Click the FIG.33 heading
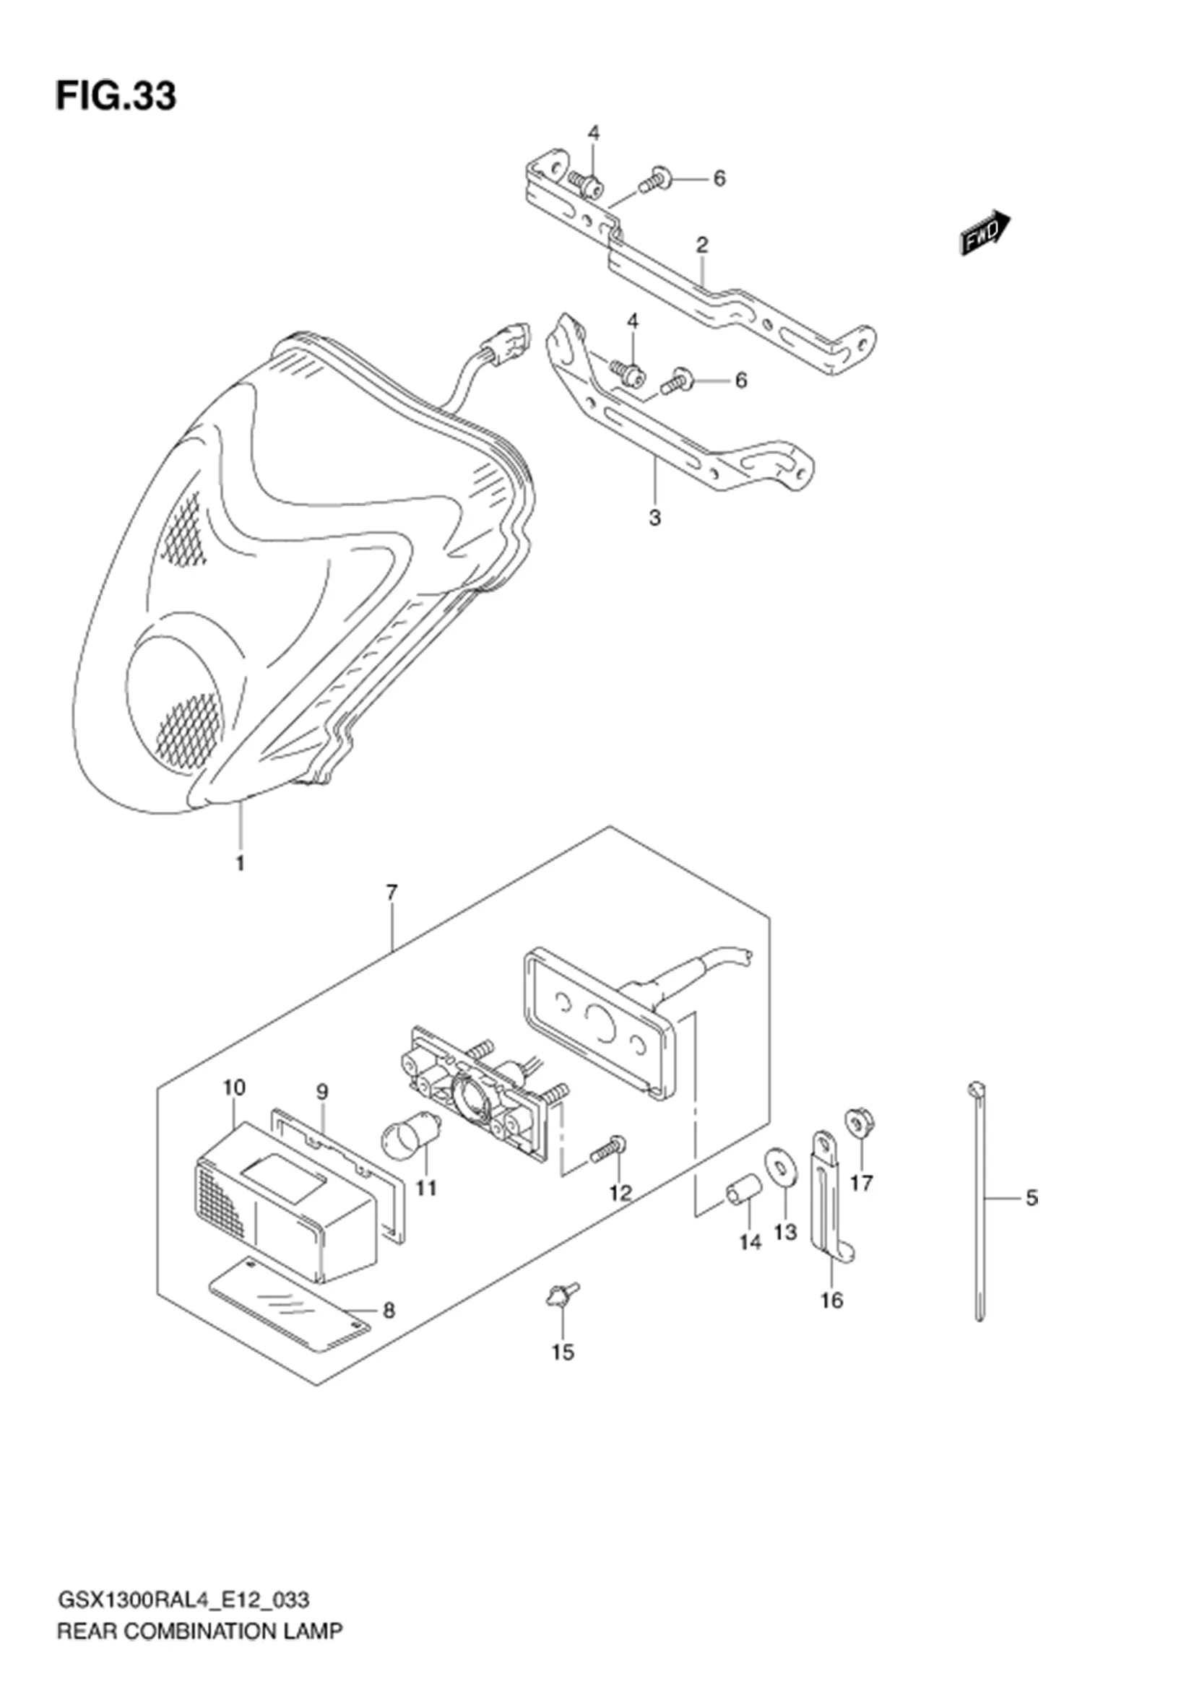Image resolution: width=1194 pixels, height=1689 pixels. (116, 95)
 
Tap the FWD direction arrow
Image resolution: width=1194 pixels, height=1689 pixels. (986, 232)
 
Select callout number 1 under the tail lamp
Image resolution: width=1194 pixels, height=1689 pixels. (240, 862)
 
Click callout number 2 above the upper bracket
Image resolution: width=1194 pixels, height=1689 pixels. (702, 244)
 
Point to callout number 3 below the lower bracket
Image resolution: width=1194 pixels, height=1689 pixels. (654, 518)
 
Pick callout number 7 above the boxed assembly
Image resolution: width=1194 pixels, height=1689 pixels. (391, 893)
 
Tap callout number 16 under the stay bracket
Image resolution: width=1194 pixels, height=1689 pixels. (832, 1300)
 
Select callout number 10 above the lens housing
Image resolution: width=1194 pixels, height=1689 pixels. (235, 1087)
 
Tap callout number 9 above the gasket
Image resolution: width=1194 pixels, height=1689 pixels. (322, 1093)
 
